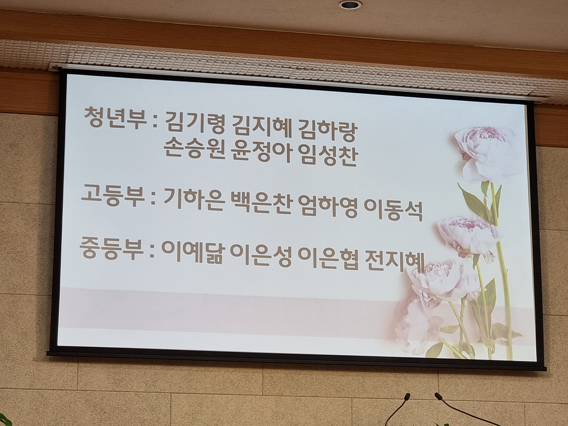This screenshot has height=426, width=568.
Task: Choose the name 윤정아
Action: coord(262,154)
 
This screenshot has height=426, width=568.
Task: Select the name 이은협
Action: coord(328,258)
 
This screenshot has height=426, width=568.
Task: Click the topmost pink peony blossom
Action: coord(484,153)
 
